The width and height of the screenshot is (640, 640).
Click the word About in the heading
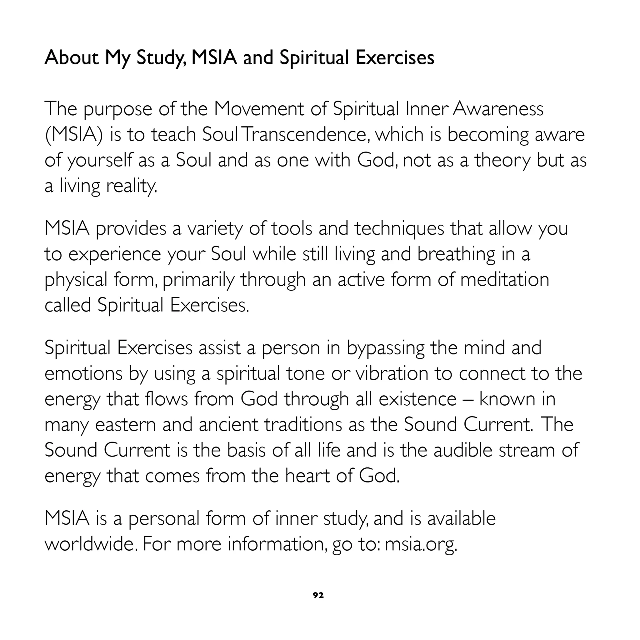coord(72,57)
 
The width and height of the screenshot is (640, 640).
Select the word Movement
coord(259,109)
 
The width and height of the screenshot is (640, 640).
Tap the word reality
coord(132,186)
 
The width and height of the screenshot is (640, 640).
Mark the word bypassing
coord(386,348)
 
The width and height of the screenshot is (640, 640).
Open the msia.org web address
coord(421,545)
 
